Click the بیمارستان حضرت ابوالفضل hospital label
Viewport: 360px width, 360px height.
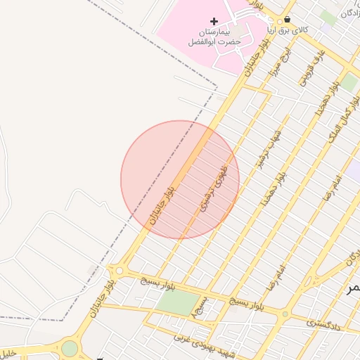(x=214, y=37)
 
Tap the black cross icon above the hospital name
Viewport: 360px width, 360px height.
(x=214, y=22)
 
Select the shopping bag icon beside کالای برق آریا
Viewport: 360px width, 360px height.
(x=288, y=19)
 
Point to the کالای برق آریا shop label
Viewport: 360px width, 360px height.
(x=289, y=30)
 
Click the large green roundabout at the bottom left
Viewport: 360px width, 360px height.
(x=69, y=347)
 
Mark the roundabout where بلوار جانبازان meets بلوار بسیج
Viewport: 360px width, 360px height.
(x=120, y=271)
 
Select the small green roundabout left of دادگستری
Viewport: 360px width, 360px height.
(x=285, y=314)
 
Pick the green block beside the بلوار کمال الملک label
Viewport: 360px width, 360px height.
(x=349, y=82)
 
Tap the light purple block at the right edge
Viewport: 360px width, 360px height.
(x=354, y=170)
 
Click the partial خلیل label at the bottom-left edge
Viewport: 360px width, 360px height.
(x=7, y=352)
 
